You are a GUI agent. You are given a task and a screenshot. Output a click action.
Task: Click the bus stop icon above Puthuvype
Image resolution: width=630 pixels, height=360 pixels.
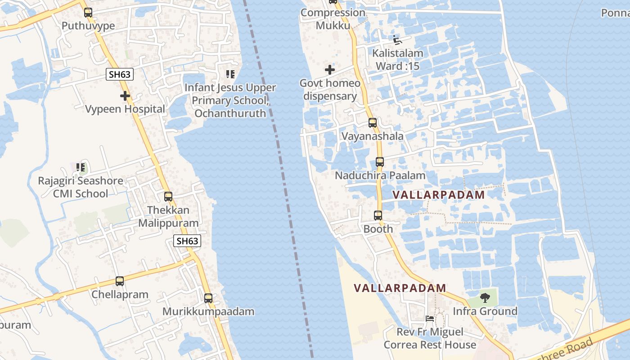pos(88,13)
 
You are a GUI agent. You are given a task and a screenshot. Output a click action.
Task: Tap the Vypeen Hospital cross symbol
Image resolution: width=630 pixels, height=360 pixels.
pos(125,96)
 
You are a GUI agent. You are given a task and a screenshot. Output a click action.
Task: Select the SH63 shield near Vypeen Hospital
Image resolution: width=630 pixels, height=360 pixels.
pos(120,74)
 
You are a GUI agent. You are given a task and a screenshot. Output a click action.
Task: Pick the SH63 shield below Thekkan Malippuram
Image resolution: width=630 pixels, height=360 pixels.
pos(187,241)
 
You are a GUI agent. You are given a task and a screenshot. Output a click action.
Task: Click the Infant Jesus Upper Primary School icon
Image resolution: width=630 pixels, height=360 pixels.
pos(230,74)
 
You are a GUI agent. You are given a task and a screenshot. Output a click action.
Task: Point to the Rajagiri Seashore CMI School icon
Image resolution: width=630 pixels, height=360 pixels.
pos(81,168)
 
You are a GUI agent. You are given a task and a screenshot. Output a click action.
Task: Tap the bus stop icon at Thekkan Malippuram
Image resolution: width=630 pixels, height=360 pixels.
pos(168,197)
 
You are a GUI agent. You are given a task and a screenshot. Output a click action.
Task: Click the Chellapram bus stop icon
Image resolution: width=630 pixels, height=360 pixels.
pos(120,281)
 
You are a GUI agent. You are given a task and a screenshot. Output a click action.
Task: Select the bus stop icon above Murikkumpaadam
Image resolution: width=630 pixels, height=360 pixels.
pos(208,298)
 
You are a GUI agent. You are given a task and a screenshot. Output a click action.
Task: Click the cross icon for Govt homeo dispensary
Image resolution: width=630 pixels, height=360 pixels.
pos(330,70)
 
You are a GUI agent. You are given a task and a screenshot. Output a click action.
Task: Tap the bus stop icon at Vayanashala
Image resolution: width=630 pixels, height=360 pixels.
pos(373,122)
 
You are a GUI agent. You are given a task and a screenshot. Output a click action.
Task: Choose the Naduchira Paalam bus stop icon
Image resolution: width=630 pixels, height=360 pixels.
pos(380,162)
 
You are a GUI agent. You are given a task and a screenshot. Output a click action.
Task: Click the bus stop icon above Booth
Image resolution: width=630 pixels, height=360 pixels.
pos(378,216)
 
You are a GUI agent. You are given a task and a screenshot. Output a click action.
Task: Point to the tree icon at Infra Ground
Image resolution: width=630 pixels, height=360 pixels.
pos(485,297)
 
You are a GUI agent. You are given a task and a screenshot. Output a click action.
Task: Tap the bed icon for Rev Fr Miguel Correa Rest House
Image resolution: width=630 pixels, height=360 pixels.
pos(430,319)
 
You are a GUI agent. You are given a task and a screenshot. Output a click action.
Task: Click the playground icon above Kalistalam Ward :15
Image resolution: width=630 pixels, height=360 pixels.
pos(397,40)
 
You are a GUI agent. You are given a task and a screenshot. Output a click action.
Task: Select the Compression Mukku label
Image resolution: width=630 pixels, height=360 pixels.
pos(333,19)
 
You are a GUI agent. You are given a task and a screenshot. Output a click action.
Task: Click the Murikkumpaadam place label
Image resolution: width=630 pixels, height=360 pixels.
pos(208,311)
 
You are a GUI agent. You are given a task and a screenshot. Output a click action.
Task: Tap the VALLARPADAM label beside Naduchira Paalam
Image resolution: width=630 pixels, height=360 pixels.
pos(439,195)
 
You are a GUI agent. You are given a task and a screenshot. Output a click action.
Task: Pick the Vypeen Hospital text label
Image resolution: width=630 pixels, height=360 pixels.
pos(125,109)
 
